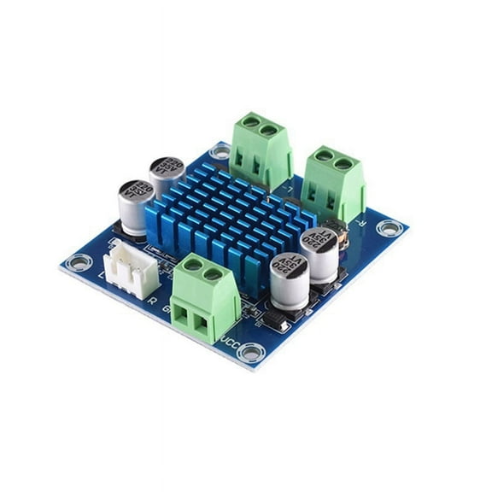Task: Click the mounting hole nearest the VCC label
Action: pos(250,351)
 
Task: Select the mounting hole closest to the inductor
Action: pos(389,227)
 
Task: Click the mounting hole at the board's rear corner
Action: pos(220,153)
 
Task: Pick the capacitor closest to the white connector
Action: pos(137,206)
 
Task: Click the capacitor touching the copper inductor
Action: pos(318,252)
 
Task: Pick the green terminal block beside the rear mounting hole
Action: pos(261,153)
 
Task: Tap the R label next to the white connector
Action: pos(151,301)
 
